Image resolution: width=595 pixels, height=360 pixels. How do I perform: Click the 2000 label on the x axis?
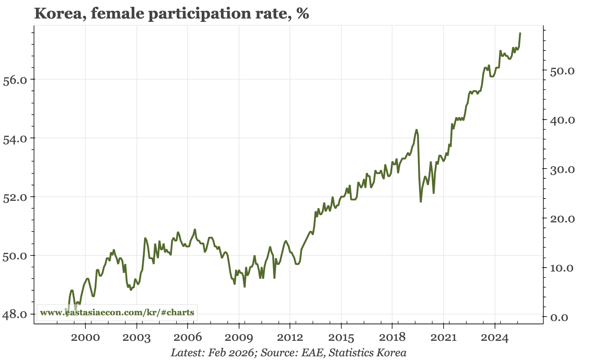click(x=86, y=337)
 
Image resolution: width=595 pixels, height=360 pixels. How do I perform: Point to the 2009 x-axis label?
click(x=239, y=337)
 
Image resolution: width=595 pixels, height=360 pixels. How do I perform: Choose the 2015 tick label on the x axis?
click(x=341, y=337)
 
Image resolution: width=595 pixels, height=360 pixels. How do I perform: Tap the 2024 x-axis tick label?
click(x=495, y=337)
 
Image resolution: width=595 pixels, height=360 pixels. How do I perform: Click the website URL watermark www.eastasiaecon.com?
click(x=117, y=313)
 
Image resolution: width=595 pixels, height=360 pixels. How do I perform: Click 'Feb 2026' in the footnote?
click(x=231, y=353)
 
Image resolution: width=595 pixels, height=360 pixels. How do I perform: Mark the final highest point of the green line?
click(x=520, y=33)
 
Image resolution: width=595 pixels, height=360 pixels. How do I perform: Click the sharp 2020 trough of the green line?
click(x=421, y=202)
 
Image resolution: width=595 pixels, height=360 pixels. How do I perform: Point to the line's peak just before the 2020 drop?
click(x=417, y=130)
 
